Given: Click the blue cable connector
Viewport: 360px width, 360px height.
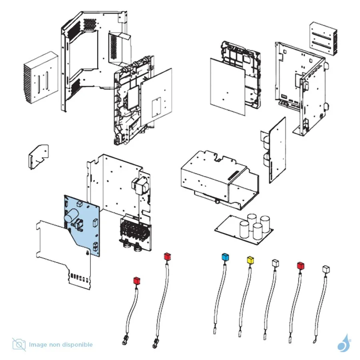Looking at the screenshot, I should coord(225,257).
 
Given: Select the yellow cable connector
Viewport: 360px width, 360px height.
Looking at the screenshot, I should coord(250,260).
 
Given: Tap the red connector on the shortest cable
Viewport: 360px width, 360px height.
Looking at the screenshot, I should coord(136,281).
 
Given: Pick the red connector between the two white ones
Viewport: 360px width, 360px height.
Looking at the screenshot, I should coord(300,266).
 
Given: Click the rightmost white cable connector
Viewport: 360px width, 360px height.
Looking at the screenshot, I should coord(326,270).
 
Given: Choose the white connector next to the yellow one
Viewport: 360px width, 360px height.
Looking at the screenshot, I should coord(275,263).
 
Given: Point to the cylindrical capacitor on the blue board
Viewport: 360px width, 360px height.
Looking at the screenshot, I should coord(72,216).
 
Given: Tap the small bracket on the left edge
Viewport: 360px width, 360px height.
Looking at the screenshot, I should coord(39,155).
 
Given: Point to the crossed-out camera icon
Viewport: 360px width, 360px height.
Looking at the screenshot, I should coord(19,344).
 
